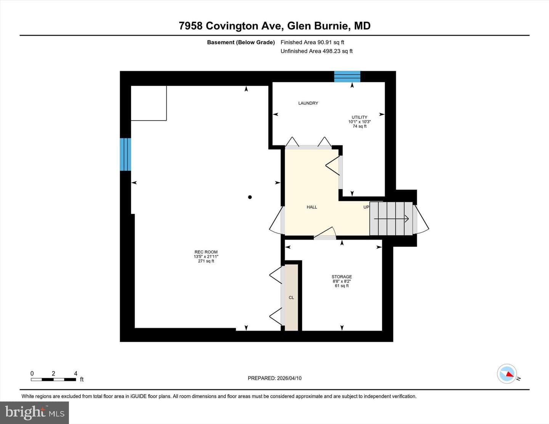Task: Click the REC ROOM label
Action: pyautogui.click(x=206, y=252)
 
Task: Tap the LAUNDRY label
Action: pyautogui.click(x=308, y=103)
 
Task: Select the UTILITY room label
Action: pyautogui.click(x=359, y=117)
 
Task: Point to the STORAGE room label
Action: pyautogui.click(x=342, y=277)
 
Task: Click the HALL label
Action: pyautogui.click(x=312, y=207)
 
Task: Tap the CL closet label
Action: pyautogui.click(x=291, y=298)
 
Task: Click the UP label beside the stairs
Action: pyautogui.click(x=366, y=207)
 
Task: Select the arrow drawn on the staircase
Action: pyautogui.click(x=391, y=219)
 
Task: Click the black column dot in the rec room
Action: pyautogui.click(x=250, y=197)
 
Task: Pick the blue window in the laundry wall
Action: pyautogui.click(x=347, y=77)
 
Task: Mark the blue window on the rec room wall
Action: pyautogui.click(x=125, y=154)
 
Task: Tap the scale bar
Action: pyautogui.click(x=53, y=379)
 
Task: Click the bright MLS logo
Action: pyautogui.click(x=34, y=413)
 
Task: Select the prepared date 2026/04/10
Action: pyautogui.click(x=289, y=378)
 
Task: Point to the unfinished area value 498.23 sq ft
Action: pyautogui.click(x=337, y=51)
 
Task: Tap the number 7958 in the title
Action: pyautogui.click(x=191, y=26)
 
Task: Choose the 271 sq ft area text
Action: pyautogui.click(x=206, y=261)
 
